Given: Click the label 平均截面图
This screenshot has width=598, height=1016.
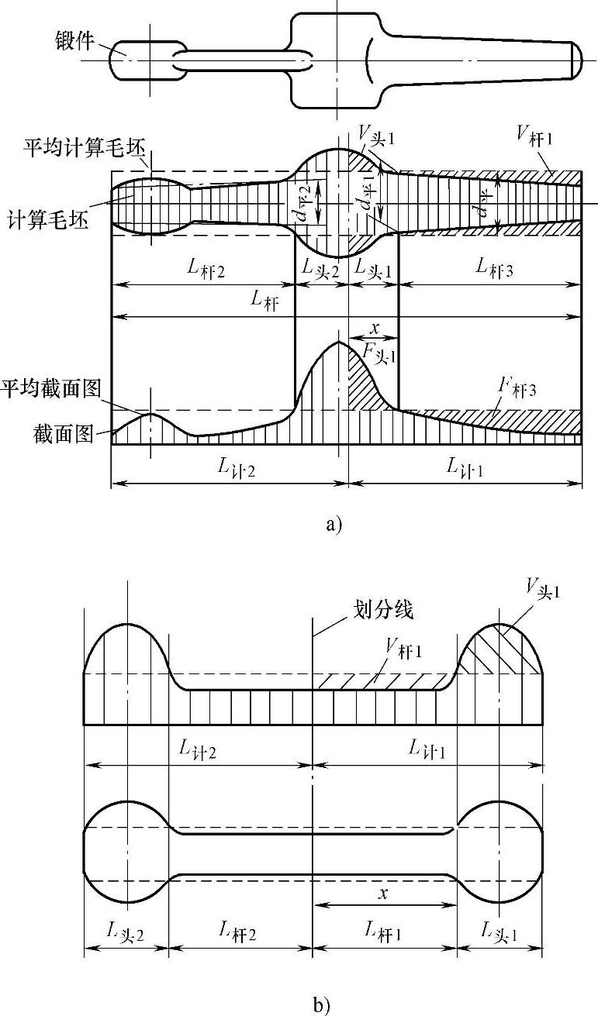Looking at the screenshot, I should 51,387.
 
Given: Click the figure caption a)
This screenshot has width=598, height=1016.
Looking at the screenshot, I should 333,525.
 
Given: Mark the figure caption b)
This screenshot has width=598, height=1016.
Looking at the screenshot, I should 321,1006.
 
